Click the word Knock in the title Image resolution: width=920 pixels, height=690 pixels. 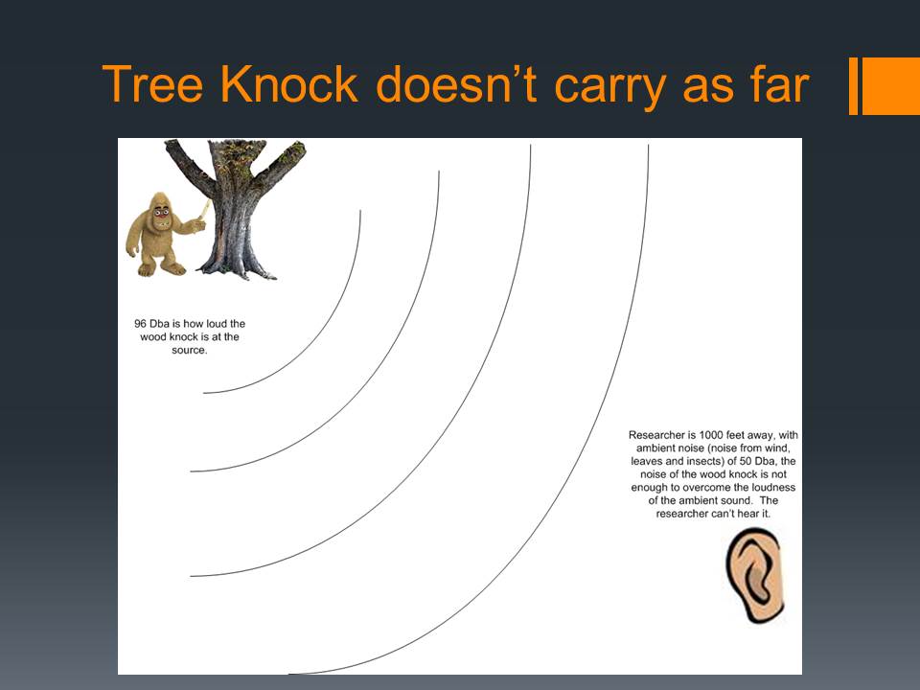288,85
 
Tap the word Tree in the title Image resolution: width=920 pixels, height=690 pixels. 152,85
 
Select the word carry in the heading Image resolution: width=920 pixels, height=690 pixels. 609,88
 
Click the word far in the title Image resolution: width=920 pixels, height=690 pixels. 778,85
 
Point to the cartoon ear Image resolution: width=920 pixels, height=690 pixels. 754,575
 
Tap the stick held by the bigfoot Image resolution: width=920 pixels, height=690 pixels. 205,210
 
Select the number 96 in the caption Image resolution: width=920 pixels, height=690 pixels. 140,323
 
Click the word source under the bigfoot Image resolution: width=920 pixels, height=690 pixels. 188,351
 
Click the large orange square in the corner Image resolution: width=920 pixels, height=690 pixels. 890,85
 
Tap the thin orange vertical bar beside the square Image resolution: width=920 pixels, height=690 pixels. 853,85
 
